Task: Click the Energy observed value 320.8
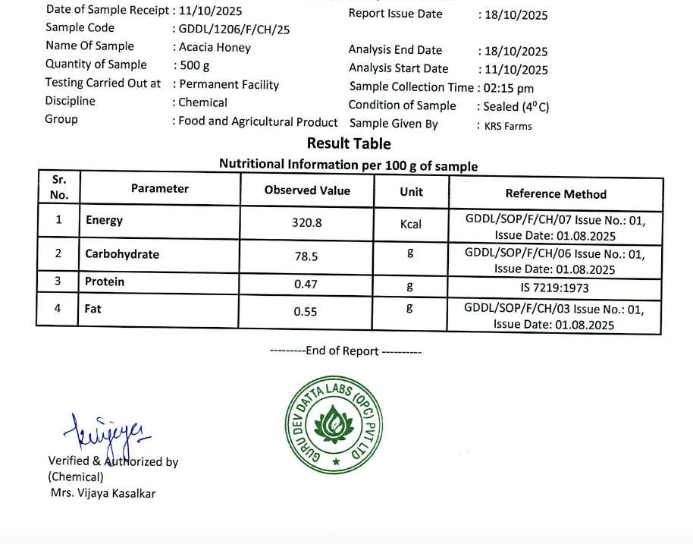click(307, 223)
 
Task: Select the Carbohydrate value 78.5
click(306, 256)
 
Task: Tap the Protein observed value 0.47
click(306, 285)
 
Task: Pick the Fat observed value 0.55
click(306, 311)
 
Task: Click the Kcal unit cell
click(411, 224)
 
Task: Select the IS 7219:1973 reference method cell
click(554, 288)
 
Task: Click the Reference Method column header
click(556, 193)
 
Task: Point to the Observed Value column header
click(307, 190)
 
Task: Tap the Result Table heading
click(349, 143)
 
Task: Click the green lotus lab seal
click(334, 422)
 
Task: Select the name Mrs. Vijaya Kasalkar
click(102, 493)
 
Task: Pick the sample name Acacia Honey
click(215, 47)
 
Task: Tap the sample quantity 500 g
click(194, 65)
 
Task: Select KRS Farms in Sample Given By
click(508, 126)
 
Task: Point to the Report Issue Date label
click(395, 14)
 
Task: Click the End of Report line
click(346, 351)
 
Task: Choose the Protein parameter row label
click(105, 281)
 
